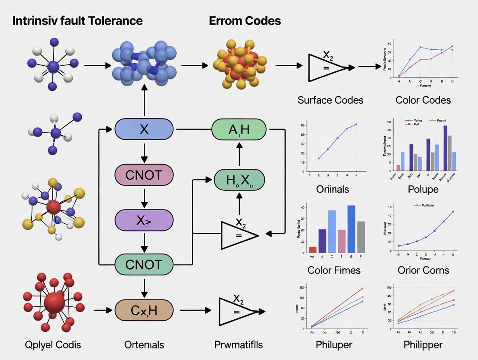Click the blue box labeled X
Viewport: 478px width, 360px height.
point(144,129)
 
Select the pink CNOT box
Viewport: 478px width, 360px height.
point(144,175)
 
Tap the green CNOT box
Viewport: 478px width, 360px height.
point(144,264)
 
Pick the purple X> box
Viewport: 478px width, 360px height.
point(144,220)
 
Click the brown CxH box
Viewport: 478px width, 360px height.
point(144,310)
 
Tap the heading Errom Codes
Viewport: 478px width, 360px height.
point(245,21)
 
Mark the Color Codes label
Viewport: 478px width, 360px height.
point(423,100)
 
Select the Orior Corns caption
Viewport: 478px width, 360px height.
point(423,270)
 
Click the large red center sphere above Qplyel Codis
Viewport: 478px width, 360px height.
point(54,302)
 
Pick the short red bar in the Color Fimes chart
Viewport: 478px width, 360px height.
point(313,249)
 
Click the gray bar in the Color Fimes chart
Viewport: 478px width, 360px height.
point(361,237)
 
